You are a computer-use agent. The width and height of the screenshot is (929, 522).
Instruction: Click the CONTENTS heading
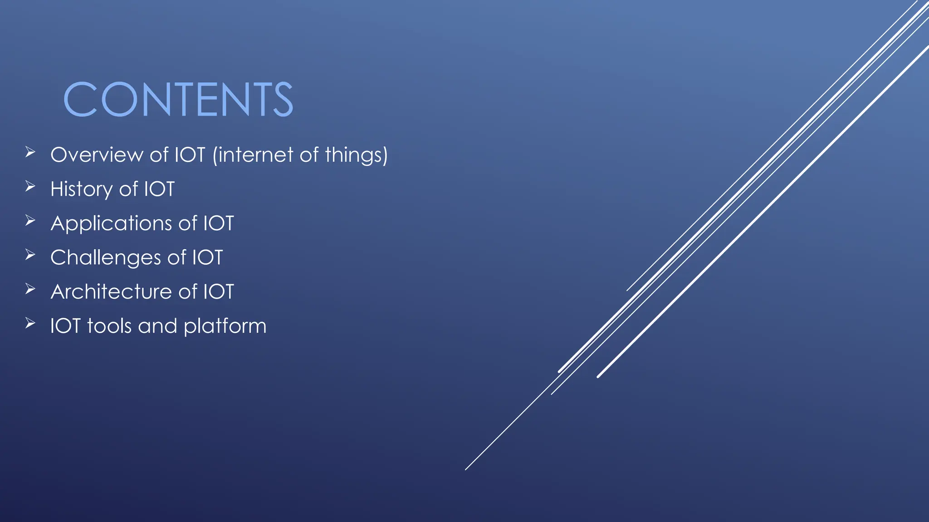[x=178, y=99]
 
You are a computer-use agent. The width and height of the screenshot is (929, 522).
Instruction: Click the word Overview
[x=97, y=155]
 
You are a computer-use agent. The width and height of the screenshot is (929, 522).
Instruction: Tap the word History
[x=81, y=189]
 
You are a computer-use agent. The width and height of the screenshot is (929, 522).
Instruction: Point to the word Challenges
[x=106, y=258]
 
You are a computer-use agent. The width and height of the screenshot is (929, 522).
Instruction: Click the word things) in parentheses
[x=357, y=155]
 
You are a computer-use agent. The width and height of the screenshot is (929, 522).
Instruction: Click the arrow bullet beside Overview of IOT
[x=30, y=152]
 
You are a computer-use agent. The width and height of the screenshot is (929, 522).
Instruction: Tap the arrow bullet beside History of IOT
[x=30, y=186]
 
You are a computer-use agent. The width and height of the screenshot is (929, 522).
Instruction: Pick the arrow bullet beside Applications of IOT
[x=30, y=221]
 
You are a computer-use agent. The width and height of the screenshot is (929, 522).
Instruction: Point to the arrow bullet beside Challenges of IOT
[x=30, y=255]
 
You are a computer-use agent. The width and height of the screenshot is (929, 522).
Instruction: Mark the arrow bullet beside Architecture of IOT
[x=30, y=289]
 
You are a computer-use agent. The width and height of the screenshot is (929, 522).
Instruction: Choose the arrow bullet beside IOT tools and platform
[x=30, y=323]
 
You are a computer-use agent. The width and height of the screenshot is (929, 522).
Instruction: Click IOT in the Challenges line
[x=207, y=257]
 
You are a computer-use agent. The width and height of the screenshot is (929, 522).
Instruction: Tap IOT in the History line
[x=159, y=189]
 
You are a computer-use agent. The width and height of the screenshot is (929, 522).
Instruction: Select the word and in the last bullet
[x=157, y=326]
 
